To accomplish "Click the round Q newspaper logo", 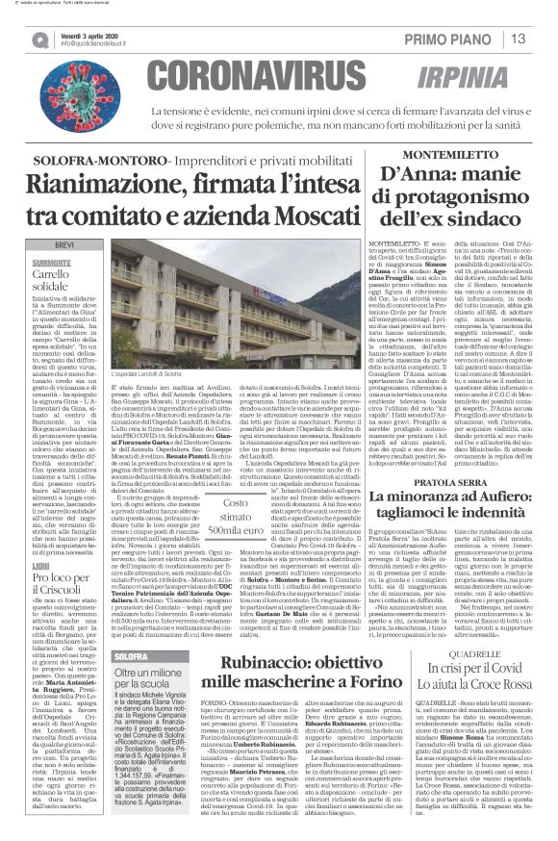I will point(40,39).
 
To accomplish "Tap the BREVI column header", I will point(64,219).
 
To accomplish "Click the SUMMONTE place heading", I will point(51,235).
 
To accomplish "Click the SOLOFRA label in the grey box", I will point(131,656).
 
